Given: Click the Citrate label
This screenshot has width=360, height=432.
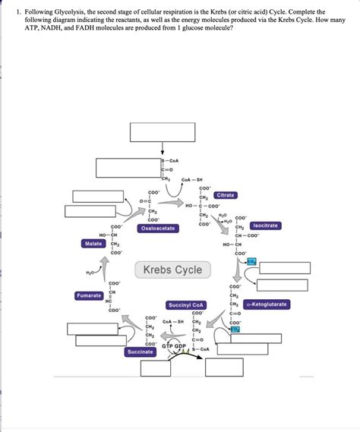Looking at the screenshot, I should [226, 195].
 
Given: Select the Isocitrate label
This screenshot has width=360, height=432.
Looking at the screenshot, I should [266, 225].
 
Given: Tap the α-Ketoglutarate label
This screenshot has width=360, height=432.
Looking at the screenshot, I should [267, 304].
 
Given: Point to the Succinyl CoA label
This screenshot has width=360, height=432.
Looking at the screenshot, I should [186, 304].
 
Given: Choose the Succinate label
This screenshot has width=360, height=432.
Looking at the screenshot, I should [140, 352].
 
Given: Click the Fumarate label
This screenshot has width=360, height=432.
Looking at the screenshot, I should [90, 295].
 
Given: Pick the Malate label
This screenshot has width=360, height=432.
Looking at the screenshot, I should [94, 244].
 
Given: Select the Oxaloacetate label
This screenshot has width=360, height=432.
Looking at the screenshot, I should [158, 228].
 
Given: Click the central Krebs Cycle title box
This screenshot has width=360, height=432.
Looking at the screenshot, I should [172, 270].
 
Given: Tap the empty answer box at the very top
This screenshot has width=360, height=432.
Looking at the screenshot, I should [163, 131].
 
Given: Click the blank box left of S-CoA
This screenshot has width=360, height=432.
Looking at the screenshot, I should [127, 167].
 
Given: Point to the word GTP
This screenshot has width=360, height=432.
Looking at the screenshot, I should [168, 346].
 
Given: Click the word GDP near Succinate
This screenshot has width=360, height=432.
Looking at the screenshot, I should [181, 346].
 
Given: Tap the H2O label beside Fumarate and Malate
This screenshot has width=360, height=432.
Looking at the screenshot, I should [91, 271].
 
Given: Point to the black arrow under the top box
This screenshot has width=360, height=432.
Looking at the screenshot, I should [162, 150].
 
